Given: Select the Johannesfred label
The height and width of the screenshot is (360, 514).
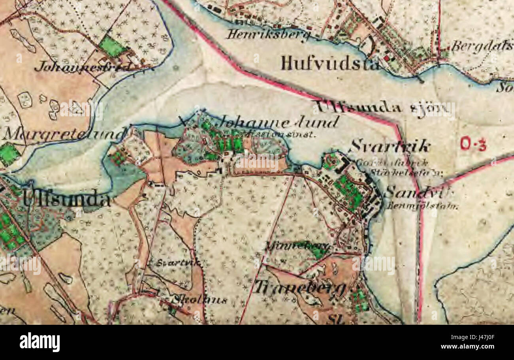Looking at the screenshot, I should click(82, 66).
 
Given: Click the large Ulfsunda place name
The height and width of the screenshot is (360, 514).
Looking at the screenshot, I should click(66, 199).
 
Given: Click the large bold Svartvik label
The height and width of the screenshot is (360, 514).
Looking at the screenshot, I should click(389, 147).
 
